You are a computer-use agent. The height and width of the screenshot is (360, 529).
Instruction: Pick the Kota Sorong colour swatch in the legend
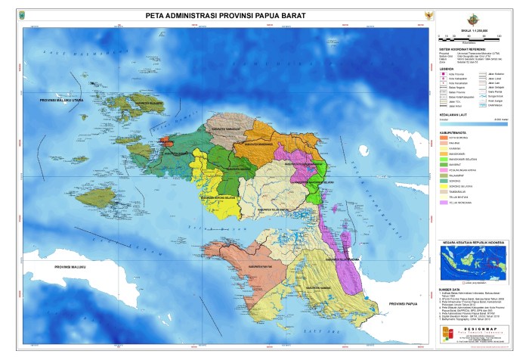tap(443, 138)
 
